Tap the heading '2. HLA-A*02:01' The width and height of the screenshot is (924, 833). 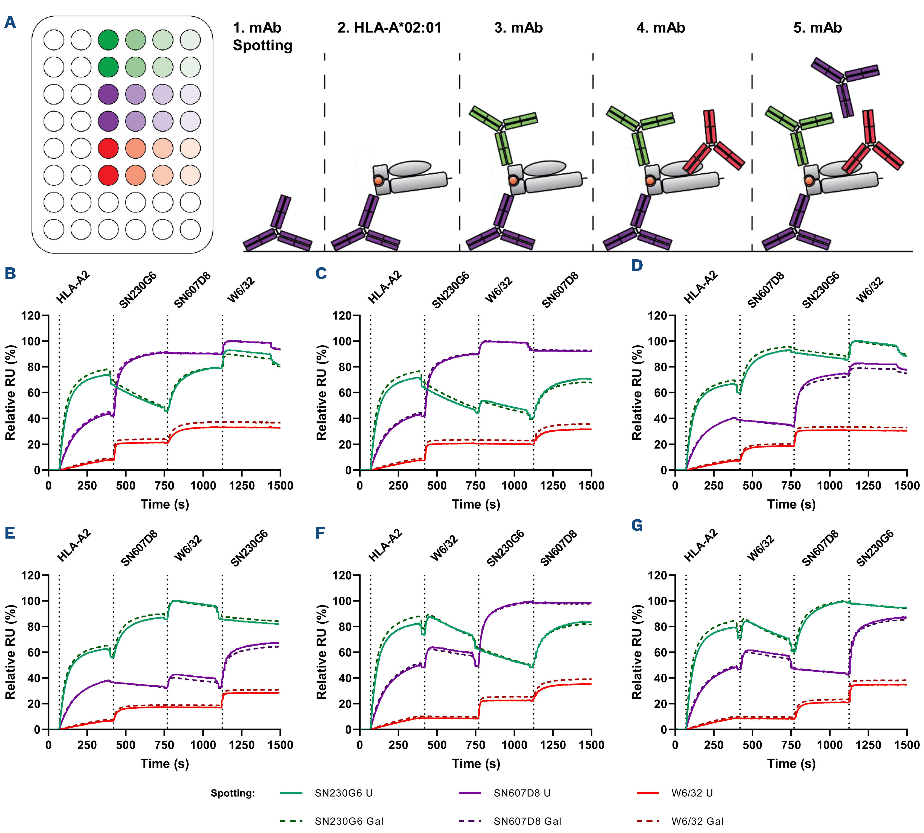pyautogui.click(x=389, y=28)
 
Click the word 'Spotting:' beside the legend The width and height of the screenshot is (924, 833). pyautogui.click(x=233, y=793)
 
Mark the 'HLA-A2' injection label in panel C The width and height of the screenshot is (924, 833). pyautogui.click(x=384, y=287)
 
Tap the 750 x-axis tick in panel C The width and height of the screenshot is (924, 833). pyautogui.click(x=476, y=486)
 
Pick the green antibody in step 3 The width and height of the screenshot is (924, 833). pyautogui.click(x=503, y=130)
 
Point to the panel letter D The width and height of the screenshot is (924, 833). pyautogui.click(x=637, y=265)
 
